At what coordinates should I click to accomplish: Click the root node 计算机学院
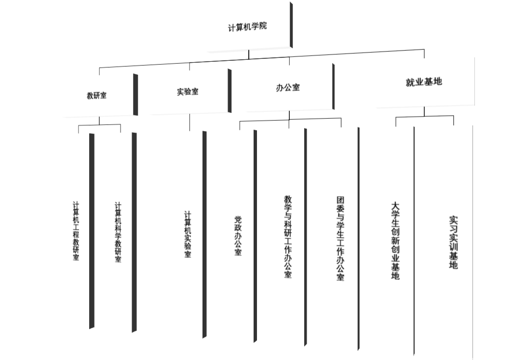click(247, 27)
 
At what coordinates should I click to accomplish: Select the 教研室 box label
click(96, 96)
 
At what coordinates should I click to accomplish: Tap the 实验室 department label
click(188, 91)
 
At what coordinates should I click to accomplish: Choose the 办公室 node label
click(287, 87)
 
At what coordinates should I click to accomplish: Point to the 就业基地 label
click(424, 82)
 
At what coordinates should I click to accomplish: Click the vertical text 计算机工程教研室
click(76, 231)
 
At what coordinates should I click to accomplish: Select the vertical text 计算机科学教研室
click(118, 232)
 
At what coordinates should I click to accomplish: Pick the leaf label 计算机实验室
click(188, 234)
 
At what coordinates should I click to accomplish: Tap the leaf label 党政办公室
click(238, 235)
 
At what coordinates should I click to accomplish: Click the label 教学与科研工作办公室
click(288, 236)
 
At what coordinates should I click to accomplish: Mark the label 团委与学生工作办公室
click(340, 238)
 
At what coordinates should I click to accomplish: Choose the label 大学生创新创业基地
click(395, 240)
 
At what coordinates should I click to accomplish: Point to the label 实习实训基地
click(453, 242)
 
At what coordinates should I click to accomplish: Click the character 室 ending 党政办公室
click(238, 252)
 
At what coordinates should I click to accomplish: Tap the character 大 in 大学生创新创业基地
click(395, 205)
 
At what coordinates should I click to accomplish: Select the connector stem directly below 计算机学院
click(249, 54)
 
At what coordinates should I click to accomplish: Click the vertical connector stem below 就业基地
click(424, 111)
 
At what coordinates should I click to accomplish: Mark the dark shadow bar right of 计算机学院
click(291, 25)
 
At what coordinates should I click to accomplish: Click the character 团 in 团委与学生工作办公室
click(340, 199)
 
